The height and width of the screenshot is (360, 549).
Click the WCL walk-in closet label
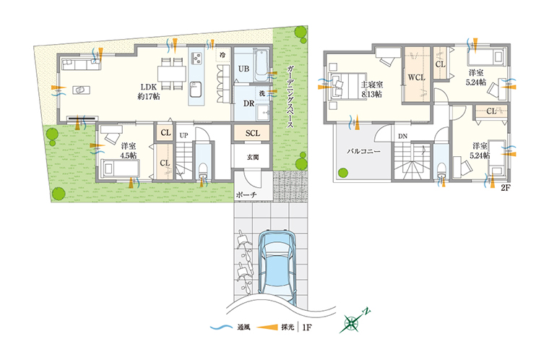(x=416, y=77)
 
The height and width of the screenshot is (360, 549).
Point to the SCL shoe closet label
(x=252, y=133)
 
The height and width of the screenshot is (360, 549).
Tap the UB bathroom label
(x=243, y=69)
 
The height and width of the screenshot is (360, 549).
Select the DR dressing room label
(x=248, y=103)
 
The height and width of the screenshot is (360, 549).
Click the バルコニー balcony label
(x=363, y=152)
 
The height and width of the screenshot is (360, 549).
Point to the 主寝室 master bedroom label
(x=372, y=85)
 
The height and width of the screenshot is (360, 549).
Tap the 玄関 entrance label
(x=253, y=158)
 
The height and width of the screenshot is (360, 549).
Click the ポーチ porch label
(x=246, y=195)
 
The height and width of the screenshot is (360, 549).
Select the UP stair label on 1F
(x=183, y=135)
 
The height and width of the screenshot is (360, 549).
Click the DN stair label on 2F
(x=402, y=136)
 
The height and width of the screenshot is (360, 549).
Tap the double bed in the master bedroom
(x=347, y=85)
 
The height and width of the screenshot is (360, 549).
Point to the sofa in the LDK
(x=81, y=64)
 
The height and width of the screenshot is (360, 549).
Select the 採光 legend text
(x=288, y=327)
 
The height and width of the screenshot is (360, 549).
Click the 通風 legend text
(x=243, y=327)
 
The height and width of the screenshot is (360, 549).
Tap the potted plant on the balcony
(x=343, y=173)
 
